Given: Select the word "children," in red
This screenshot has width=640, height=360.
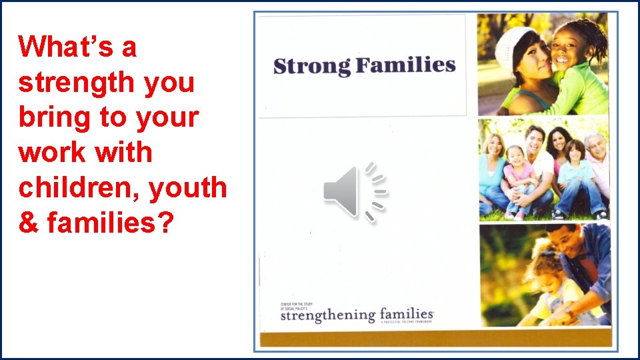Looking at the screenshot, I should (x=78, y=187).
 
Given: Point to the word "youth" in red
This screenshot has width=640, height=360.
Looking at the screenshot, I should (x=188, y=187).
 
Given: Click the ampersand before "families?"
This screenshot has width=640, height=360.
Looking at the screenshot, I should (x=29, y=222).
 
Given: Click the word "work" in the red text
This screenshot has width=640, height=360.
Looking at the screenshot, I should (x=49, y=152).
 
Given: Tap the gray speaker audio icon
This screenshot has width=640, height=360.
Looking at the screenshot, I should (x=354, y=192).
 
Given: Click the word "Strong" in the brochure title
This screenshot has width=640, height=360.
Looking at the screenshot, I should (x=311, y=67).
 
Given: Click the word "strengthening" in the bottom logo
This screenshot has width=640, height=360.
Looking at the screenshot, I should (x=328, y=315).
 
